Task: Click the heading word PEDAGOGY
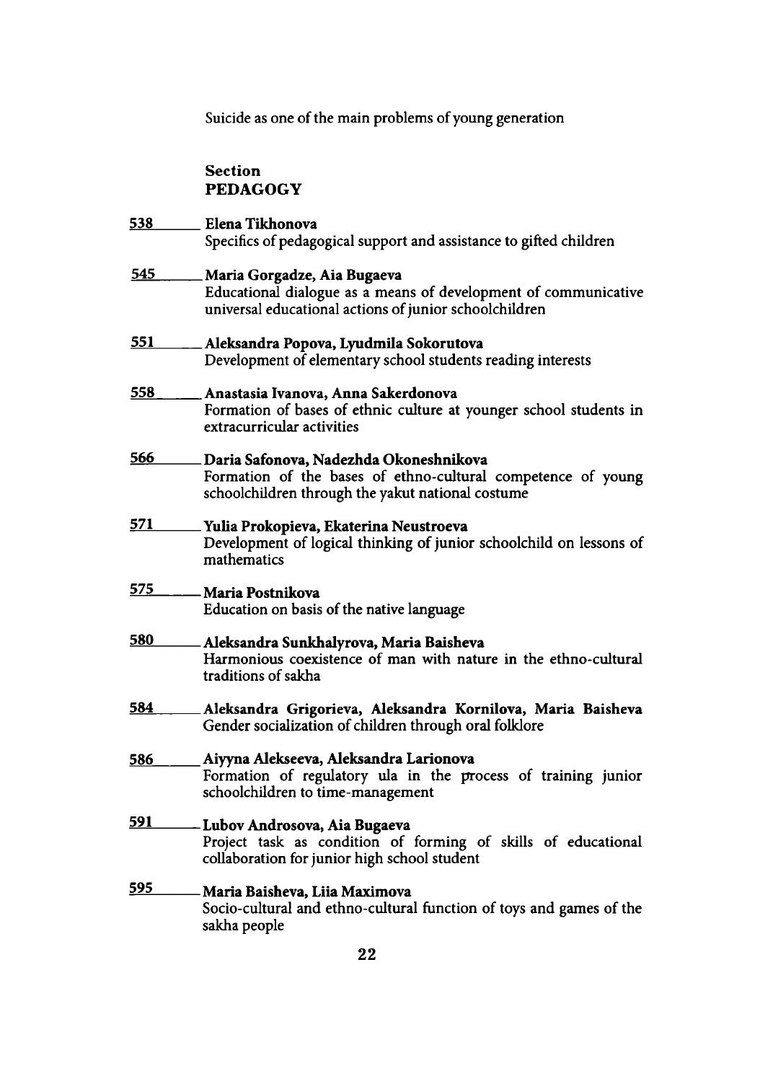point(252,190)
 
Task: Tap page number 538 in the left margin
point(141,224)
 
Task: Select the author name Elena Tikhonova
point(261,224)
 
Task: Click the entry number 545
point(143,274)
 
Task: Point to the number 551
point(142,342)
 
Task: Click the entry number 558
point(143,392)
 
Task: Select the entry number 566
point(142,459)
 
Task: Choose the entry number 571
point(141,525)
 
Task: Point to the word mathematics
point(243,560)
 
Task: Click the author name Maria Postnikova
point(262,593)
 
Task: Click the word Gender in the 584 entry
point(226,726)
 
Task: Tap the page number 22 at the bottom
point(366,955)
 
